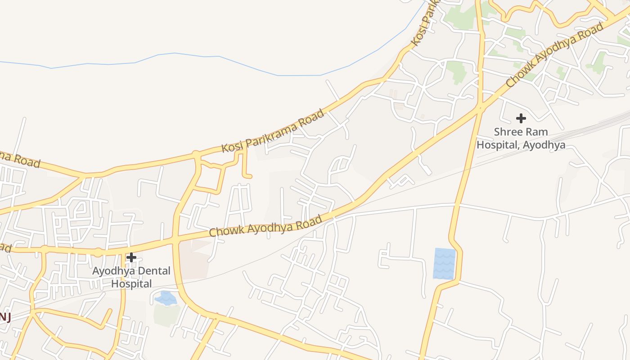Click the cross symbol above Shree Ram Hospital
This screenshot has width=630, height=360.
click(521, 118)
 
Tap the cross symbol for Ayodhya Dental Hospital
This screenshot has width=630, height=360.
click(131, 257)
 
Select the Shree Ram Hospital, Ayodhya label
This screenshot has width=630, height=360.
click(521, 139)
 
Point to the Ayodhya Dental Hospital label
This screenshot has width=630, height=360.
click(131, 277)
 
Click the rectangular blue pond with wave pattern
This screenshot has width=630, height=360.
click(444, 264)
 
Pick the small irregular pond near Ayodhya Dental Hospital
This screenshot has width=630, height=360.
click(166, 298)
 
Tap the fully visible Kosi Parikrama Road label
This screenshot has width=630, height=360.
click(273, 130)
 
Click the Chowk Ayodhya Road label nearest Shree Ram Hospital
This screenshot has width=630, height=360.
click(554, 55)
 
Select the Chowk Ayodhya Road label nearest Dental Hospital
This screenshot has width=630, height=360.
click(265, 226)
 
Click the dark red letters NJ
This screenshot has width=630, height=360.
click(5, 317)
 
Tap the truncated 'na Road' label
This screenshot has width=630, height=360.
click(20, 160)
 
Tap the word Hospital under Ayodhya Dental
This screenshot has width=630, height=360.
click(131, 284)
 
